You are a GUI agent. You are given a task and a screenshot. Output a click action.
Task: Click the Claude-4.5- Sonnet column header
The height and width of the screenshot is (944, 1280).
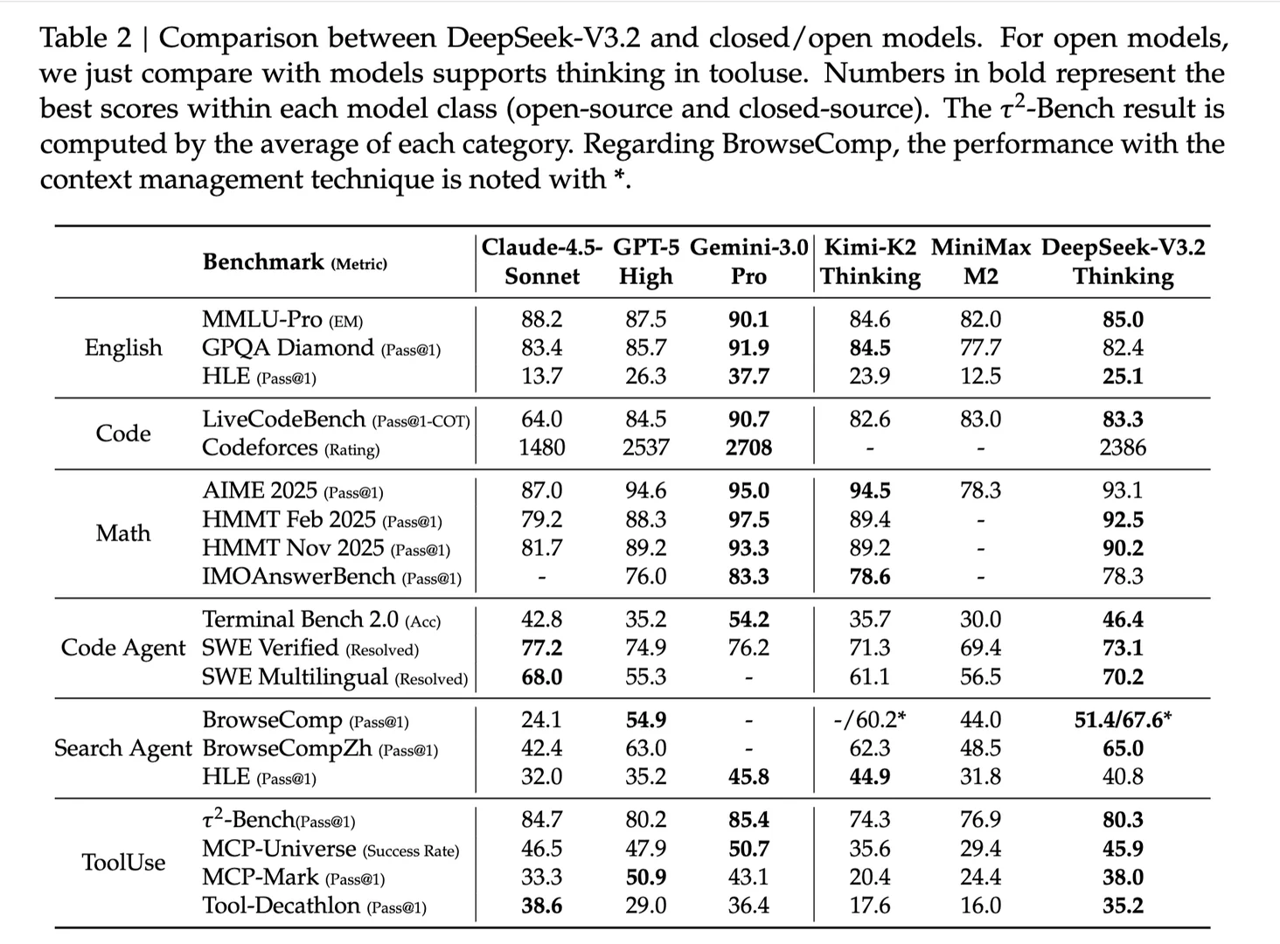point(542,261)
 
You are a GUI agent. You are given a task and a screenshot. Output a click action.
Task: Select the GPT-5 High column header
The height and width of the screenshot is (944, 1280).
point(646,261)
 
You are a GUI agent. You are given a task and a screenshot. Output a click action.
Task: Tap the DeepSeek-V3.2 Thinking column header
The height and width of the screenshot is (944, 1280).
point(1123,261)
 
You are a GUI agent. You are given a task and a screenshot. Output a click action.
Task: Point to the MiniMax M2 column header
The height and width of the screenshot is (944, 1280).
point(980,261)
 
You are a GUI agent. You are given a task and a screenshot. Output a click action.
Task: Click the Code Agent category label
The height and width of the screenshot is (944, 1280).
point(123,648)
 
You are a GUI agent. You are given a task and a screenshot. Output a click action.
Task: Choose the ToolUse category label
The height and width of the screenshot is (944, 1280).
point(123,862)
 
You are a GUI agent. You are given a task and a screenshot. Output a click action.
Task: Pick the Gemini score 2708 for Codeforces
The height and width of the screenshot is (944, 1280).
point(748,448)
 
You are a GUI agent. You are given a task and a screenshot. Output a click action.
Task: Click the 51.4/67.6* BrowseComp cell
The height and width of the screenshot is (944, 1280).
point(1123,719)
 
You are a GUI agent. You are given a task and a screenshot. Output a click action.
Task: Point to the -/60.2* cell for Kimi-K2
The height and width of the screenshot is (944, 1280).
point(870,719)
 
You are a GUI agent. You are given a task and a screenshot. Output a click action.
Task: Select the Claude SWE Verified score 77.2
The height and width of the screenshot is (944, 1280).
point(542,648)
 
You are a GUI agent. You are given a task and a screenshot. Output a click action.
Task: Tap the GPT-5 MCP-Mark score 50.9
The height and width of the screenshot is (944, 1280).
point(646,877)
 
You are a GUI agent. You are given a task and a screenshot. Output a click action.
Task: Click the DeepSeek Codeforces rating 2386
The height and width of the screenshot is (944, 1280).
point(1123,448)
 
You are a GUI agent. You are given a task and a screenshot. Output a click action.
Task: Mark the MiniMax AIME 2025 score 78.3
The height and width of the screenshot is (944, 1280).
point(980,490)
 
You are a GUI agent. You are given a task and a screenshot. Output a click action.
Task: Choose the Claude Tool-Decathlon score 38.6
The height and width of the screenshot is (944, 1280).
point(542,906)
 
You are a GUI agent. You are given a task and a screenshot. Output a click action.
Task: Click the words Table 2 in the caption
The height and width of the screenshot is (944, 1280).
point(86,38)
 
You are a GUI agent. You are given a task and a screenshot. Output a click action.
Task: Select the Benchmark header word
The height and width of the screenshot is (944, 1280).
point(263,261)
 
